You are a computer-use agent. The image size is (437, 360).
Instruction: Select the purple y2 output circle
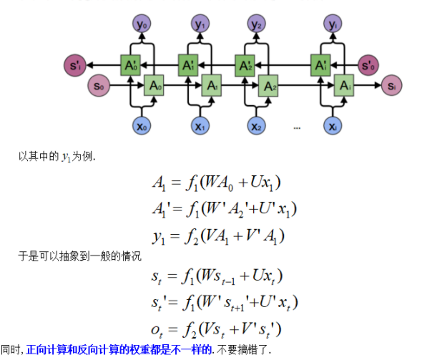pyautogui.click(x=258, y=25)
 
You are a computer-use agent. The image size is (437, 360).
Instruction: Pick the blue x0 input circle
pyautogui.click(x=142, y=127)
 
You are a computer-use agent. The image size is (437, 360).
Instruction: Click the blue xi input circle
pyautogui.click(x=333, y=127)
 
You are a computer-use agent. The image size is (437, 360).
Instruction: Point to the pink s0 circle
pyautogui.click(x=99, y=87)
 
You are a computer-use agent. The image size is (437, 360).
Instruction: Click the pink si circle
pyautogui.click(x=391, y=87)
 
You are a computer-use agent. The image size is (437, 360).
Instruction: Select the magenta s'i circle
pyautogui.click(x=75, y=66)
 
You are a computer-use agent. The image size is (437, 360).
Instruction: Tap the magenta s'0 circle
pyautogui.click(x=369, y=66)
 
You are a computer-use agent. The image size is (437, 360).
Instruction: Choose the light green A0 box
pyautogui.click(x=154, y=87)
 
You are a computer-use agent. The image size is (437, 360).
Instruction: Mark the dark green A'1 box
pyautogui.click(x=189, y=66)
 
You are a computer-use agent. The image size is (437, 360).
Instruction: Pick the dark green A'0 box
pyautogui.click(x=131, y=66)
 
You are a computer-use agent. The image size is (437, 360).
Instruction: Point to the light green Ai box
pyautogui.click(x=345, y=87)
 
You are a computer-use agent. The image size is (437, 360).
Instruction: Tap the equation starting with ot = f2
pyautogui.click(x=225, y=329)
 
